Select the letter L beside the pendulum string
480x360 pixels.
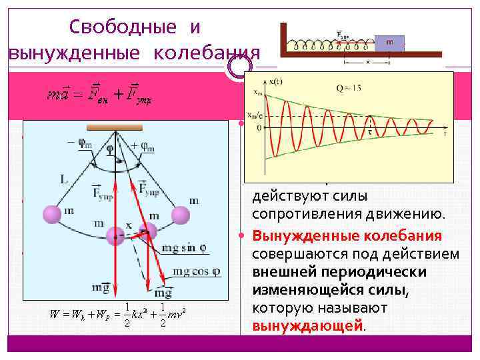coord(63,181)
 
